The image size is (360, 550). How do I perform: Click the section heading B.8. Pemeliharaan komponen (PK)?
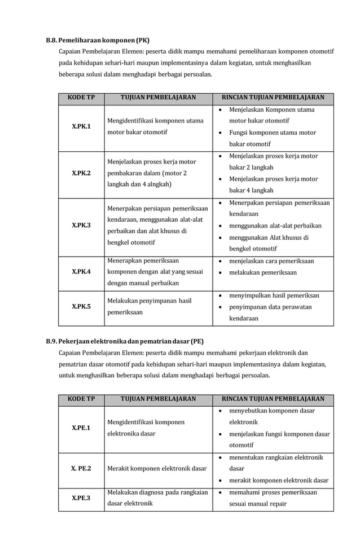(x=97, y=41)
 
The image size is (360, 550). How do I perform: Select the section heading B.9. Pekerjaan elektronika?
(x=124, y=341)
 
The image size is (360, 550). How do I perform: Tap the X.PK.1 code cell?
(x=81, y=126)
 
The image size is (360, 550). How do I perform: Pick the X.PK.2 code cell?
(x=81, y=173)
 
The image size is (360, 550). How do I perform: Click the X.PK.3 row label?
(x=81, y=225)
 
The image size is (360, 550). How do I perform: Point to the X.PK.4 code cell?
(x=81, y=271)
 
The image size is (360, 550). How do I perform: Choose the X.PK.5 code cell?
(x=81, y=306)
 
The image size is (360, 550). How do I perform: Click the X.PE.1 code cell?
(x=81, y=428)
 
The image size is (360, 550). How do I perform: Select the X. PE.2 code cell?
(x=81, y=468)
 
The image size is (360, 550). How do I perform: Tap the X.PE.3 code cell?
(x=81, y=498)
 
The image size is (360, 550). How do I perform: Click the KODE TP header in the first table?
(x=81, y=98)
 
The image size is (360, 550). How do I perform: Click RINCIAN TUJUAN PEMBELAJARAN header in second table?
(x=273, y=399)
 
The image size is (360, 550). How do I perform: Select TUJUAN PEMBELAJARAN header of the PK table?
(x=158, y=98)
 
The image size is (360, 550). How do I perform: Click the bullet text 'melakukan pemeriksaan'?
(x=262, y=272)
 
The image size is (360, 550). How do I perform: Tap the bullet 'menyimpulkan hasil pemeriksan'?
(x=274, y=295)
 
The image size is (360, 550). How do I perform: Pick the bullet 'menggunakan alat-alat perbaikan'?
(x=275, y=226)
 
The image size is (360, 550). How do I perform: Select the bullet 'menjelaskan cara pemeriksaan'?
(x=271, y=261)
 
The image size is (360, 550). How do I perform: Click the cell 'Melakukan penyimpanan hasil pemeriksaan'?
(x=150, y=306)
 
